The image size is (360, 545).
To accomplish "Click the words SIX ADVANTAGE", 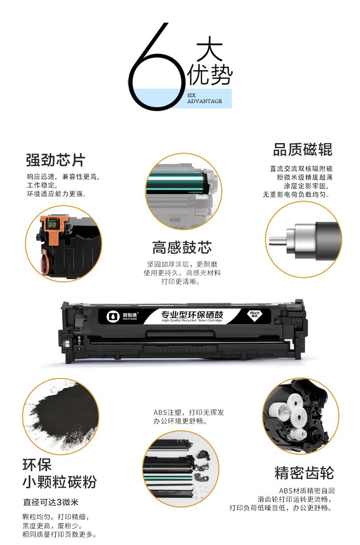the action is tap(205, 98).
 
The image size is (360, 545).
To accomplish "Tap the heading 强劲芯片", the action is tap(56, 160).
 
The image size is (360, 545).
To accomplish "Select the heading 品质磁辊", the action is tap(302, 149).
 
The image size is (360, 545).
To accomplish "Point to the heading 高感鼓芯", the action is tap(182, 248).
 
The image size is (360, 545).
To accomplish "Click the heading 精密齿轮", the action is tap(304, 473).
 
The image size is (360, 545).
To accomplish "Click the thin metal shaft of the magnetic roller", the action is tap(278, 241).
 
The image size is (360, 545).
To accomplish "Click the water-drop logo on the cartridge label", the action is tap(113, 316).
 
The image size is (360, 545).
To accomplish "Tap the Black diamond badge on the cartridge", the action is tap(254, 315).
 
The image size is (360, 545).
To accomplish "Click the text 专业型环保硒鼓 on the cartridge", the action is tap(192, 315).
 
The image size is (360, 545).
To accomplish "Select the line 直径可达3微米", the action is tap(51, 502).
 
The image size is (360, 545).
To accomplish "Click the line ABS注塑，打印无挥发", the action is tap(189, 412).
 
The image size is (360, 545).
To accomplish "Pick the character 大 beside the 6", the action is tap(209, 49).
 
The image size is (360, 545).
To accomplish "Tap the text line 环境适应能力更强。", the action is tap(56, 194).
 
